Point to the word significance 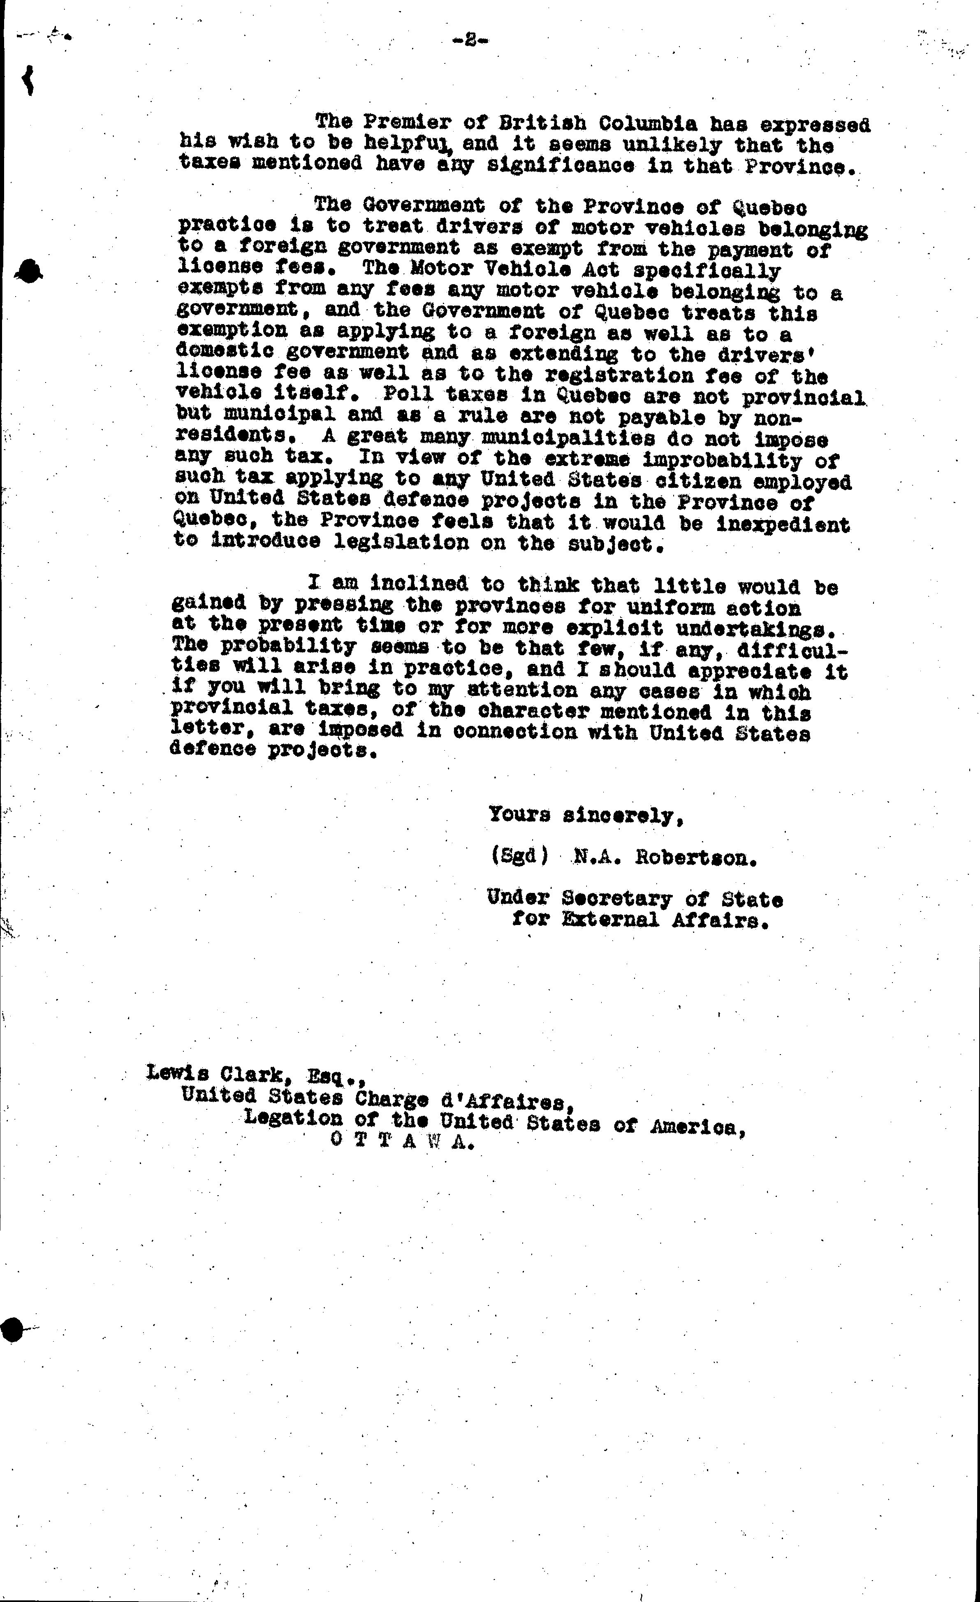(561, 165)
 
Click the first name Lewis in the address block (173, 1071)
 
